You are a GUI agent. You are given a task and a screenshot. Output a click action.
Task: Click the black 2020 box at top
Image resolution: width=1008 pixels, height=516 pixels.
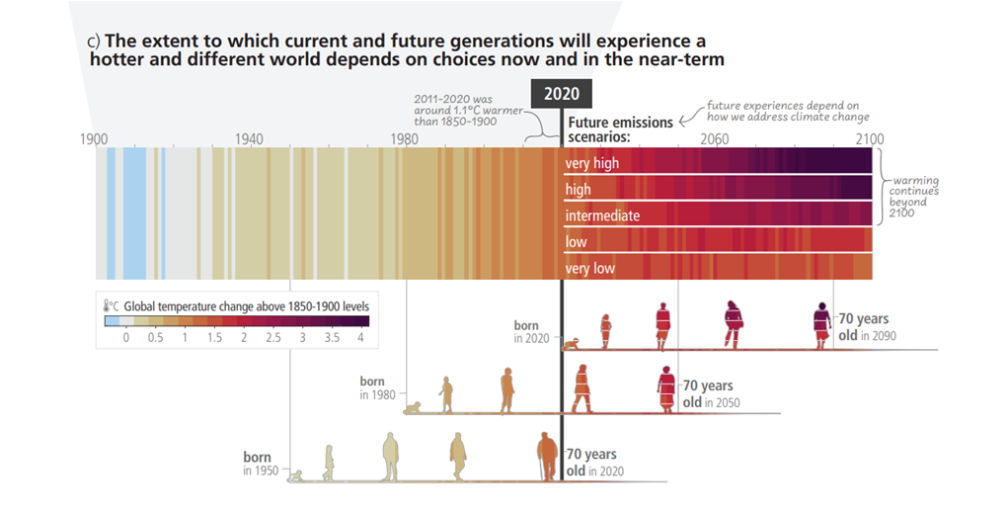coord(562,95)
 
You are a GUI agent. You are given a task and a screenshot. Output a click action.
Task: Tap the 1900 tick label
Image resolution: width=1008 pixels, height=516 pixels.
coord(94,138)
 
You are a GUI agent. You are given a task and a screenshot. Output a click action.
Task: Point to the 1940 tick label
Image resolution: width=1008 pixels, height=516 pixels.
coord(251,138)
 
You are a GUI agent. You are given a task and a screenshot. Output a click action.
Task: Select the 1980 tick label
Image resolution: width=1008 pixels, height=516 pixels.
coord(406,138)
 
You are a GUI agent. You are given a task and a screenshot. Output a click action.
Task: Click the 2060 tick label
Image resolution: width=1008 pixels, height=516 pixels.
coord(715,138)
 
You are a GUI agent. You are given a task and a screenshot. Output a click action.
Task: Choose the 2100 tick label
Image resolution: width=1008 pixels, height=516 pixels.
coord(870,138)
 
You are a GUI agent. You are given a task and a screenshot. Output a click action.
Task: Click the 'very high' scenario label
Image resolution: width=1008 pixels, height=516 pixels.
coord(592,163)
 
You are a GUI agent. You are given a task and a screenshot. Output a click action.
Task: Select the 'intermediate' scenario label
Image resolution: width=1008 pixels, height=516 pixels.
coord(602,215)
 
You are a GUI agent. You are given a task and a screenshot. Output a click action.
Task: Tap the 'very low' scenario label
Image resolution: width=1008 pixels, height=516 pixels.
coord(590,268)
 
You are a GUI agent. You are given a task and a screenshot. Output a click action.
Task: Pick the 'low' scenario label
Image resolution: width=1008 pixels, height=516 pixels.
coord(576,242)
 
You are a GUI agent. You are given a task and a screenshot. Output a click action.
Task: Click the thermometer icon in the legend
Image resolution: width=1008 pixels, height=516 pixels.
coord(106,307)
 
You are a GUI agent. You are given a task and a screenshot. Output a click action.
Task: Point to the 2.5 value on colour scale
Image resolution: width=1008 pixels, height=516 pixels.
coord(272,338)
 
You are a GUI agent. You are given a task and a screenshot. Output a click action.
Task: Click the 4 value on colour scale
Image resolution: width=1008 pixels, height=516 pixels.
coord(361,338)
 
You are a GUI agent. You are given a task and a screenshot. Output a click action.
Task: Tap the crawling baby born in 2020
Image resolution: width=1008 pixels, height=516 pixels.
coord(572,343)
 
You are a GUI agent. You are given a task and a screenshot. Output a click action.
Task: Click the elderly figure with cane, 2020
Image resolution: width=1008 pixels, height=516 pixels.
coord(546,457)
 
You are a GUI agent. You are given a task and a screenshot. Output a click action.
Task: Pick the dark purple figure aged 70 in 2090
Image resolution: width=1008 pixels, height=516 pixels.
coord(821,325)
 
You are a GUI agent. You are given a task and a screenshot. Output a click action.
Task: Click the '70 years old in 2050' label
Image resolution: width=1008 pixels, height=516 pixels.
coord(711,393)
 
